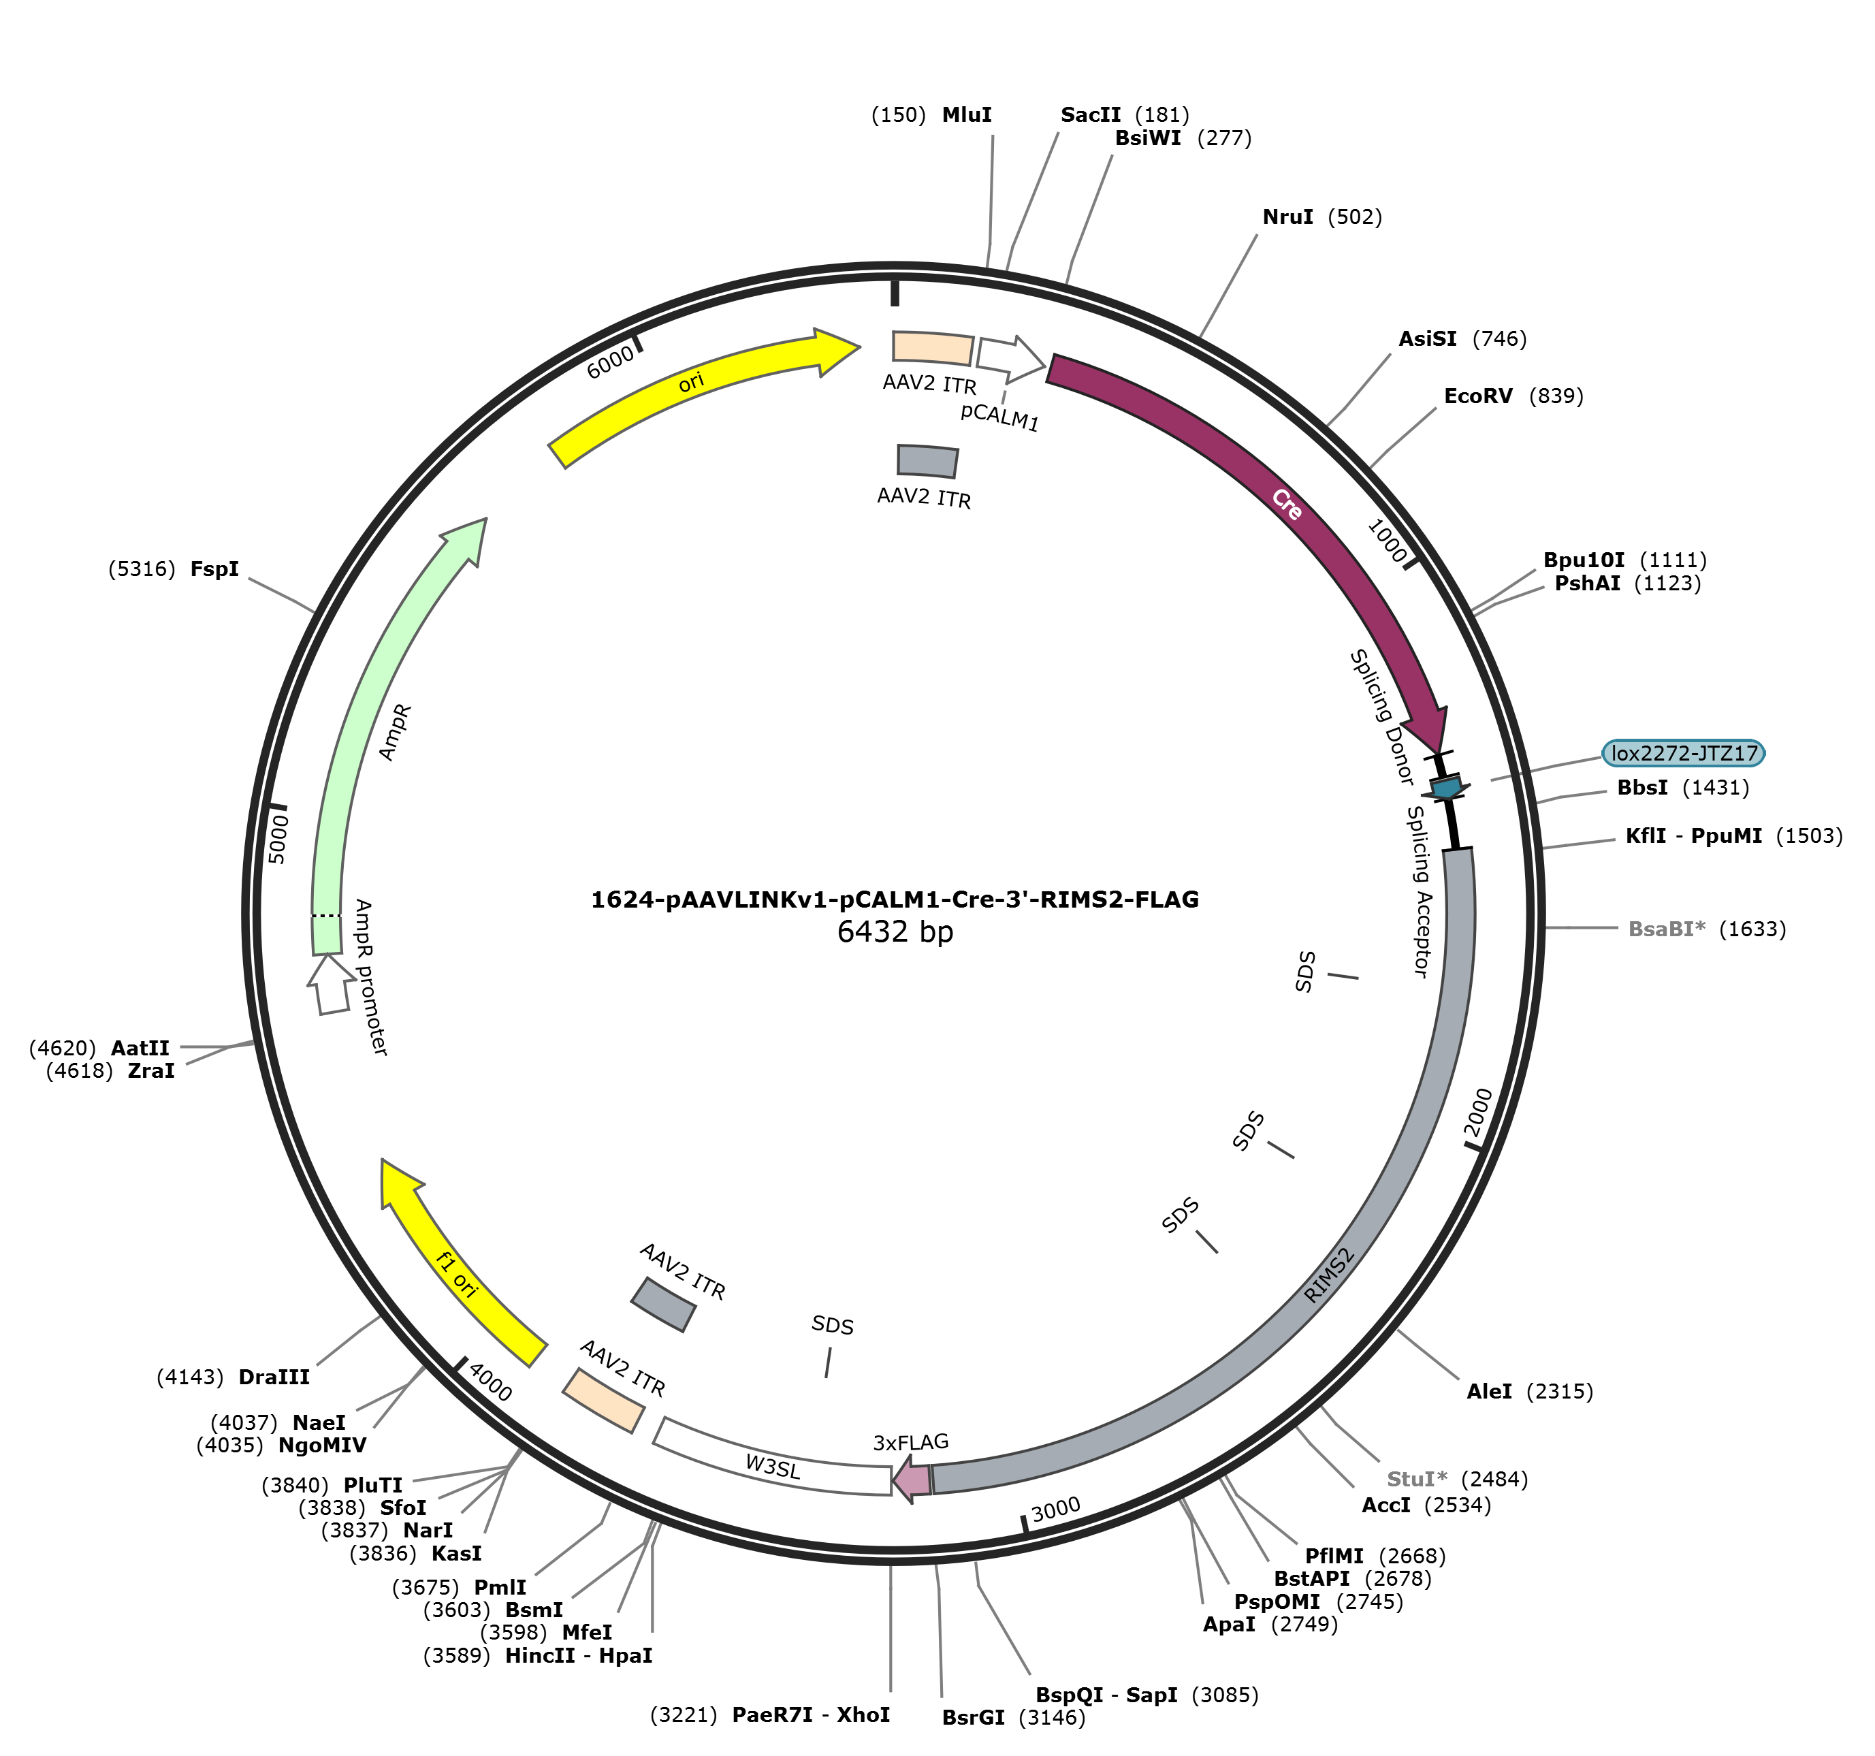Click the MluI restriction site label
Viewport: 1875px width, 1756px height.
tap(967, 115)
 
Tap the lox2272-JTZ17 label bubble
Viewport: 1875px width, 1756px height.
tap(1684, 752)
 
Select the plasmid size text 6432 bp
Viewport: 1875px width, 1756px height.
tap(895, 931)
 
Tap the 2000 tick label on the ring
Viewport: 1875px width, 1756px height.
tap(1478, 1113)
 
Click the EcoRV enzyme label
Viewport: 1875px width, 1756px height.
tap(1478, 396)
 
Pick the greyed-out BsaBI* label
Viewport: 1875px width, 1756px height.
tap(1667, 929)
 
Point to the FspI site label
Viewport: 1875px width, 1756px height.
tap(214, 570)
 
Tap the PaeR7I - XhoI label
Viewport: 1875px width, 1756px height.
tap(810, 1714)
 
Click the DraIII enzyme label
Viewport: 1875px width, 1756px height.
tap(274, 1377)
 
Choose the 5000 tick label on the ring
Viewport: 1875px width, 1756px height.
tap(278, 838)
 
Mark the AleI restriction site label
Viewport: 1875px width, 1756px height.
tap(1489, 1391)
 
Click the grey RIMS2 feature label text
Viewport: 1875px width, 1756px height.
tap(1329, 1275)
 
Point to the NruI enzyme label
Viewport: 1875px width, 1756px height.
tap(1287, 218)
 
